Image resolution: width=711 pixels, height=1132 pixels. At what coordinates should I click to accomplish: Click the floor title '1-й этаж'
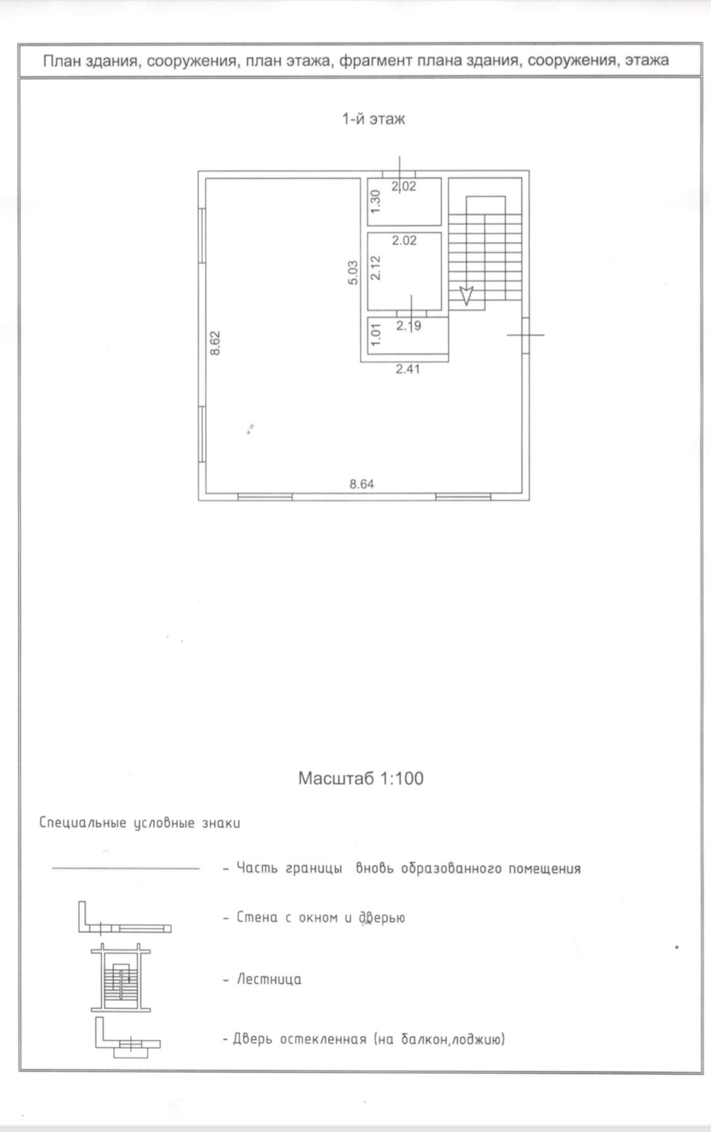pos(373,119)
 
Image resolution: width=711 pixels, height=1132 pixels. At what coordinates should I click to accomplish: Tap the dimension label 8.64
pos(362,484)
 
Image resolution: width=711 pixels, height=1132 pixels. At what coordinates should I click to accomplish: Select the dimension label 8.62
pos(216,343)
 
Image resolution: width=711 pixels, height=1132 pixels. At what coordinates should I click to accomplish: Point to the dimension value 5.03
pos(353,273)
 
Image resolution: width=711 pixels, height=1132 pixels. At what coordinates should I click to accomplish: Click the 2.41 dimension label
pos(408,369)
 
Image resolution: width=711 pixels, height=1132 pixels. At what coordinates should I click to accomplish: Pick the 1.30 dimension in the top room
pos(375,201)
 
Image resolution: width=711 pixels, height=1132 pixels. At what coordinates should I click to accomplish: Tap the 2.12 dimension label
pos(375,268)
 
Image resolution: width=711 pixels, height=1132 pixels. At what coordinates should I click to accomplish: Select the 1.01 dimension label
pos(375,335)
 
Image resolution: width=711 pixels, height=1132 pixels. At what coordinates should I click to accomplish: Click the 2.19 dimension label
pos(408,326)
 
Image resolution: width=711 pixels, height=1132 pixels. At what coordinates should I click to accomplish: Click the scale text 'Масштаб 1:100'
pos(360,778)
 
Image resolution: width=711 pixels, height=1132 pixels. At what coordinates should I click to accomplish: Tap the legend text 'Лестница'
pos(269,980)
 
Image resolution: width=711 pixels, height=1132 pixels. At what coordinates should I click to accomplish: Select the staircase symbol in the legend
pos(121,978)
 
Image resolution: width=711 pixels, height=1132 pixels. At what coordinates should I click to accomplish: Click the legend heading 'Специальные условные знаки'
pos(140,823)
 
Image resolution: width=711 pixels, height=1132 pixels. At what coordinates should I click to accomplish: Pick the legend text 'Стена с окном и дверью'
pos(320,918)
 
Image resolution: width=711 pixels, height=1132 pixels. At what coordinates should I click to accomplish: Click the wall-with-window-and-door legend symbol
pos(124,918)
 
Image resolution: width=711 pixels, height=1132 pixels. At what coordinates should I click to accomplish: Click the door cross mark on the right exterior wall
pos(525,335)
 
